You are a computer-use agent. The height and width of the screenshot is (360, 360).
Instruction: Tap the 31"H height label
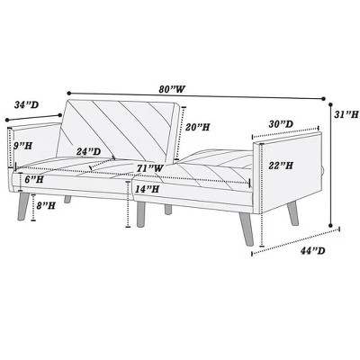point(344,116)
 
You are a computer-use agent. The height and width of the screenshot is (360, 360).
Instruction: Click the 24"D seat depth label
point(87,151)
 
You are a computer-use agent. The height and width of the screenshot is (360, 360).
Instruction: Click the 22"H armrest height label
point(278,166)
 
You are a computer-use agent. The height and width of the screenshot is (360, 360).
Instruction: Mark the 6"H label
point(35,180)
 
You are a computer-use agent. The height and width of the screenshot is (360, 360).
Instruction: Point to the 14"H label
point(148,189)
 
